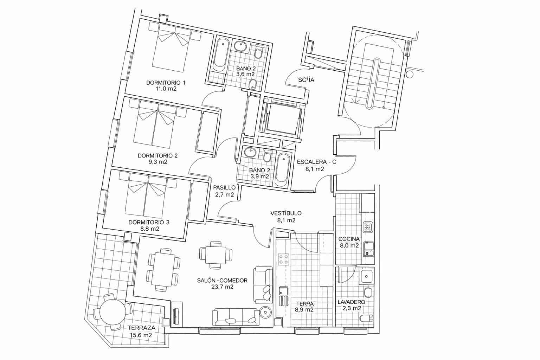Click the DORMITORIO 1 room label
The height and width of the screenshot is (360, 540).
[166, 83]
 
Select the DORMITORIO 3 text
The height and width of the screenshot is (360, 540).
[149, 222]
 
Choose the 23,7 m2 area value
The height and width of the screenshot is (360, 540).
[222, 287]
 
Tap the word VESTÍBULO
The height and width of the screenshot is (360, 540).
[286, 213]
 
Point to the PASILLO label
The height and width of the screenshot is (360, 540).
[224, 187]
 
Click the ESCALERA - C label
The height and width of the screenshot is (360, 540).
[316, 162]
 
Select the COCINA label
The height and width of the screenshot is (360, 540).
[348, 239]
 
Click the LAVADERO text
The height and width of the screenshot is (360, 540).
[351, 302]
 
